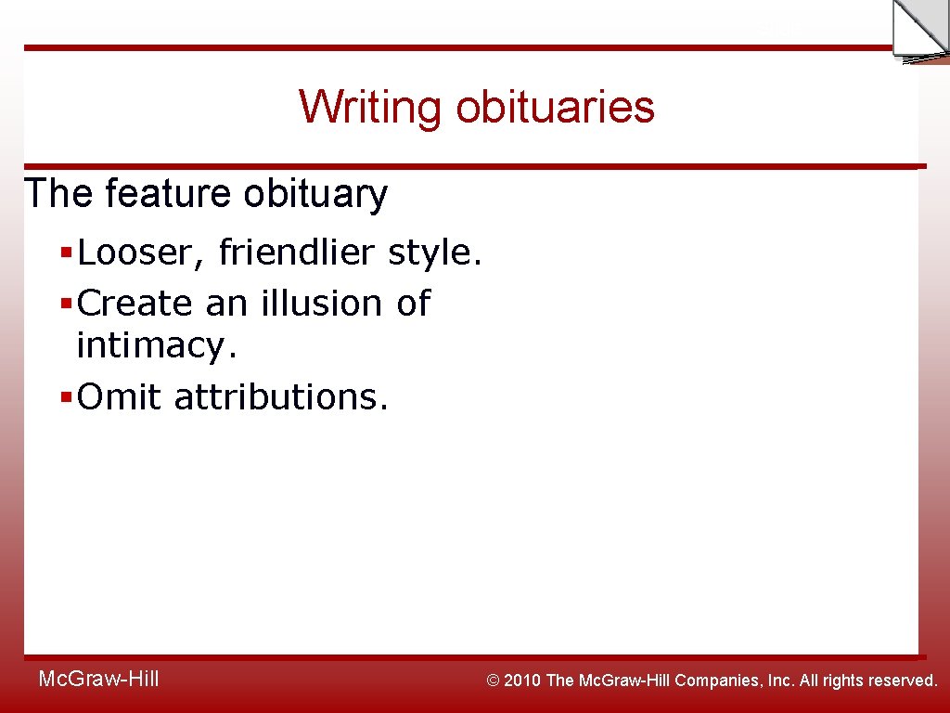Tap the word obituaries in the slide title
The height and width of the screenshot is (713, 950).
coord(555,107)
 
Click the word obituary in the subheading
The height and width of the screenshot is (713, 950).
coord(315,195)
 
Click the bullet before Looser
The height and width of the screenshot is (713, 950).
coord(65,253)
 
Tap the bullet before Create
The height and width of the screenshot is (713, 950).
coord(65,305)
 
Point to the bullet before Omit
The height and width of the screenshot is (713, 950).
coord(65,398)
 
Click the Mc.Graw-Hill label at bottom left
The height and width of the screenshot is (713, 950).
coord(99,680)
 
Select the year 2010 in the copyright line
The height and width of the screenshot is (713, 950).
coord(522,681)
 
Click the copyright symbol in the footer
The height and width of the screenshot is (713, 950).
coord(494,681)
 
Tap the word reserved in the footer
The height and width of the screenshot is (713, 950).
coord(903,681)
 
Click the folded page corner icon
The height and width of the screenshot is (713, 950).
coord(918,30)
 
